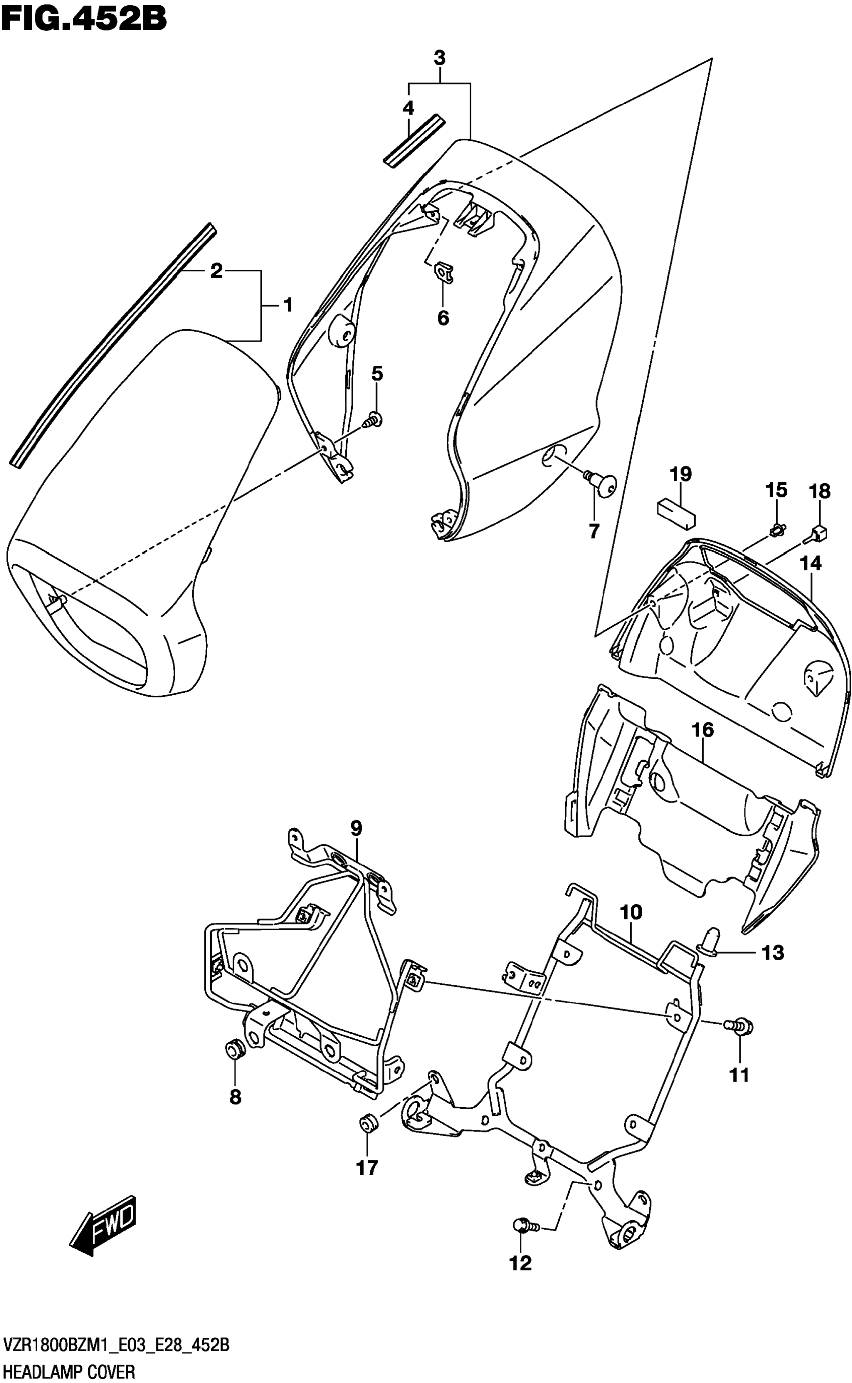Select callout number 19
pos(680,474)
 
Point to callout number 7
pos(594,531)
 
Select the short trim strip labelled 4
pos(414,141)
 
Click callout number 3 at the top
pos(439,58)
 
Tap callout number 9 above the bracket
pos(356,828)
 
